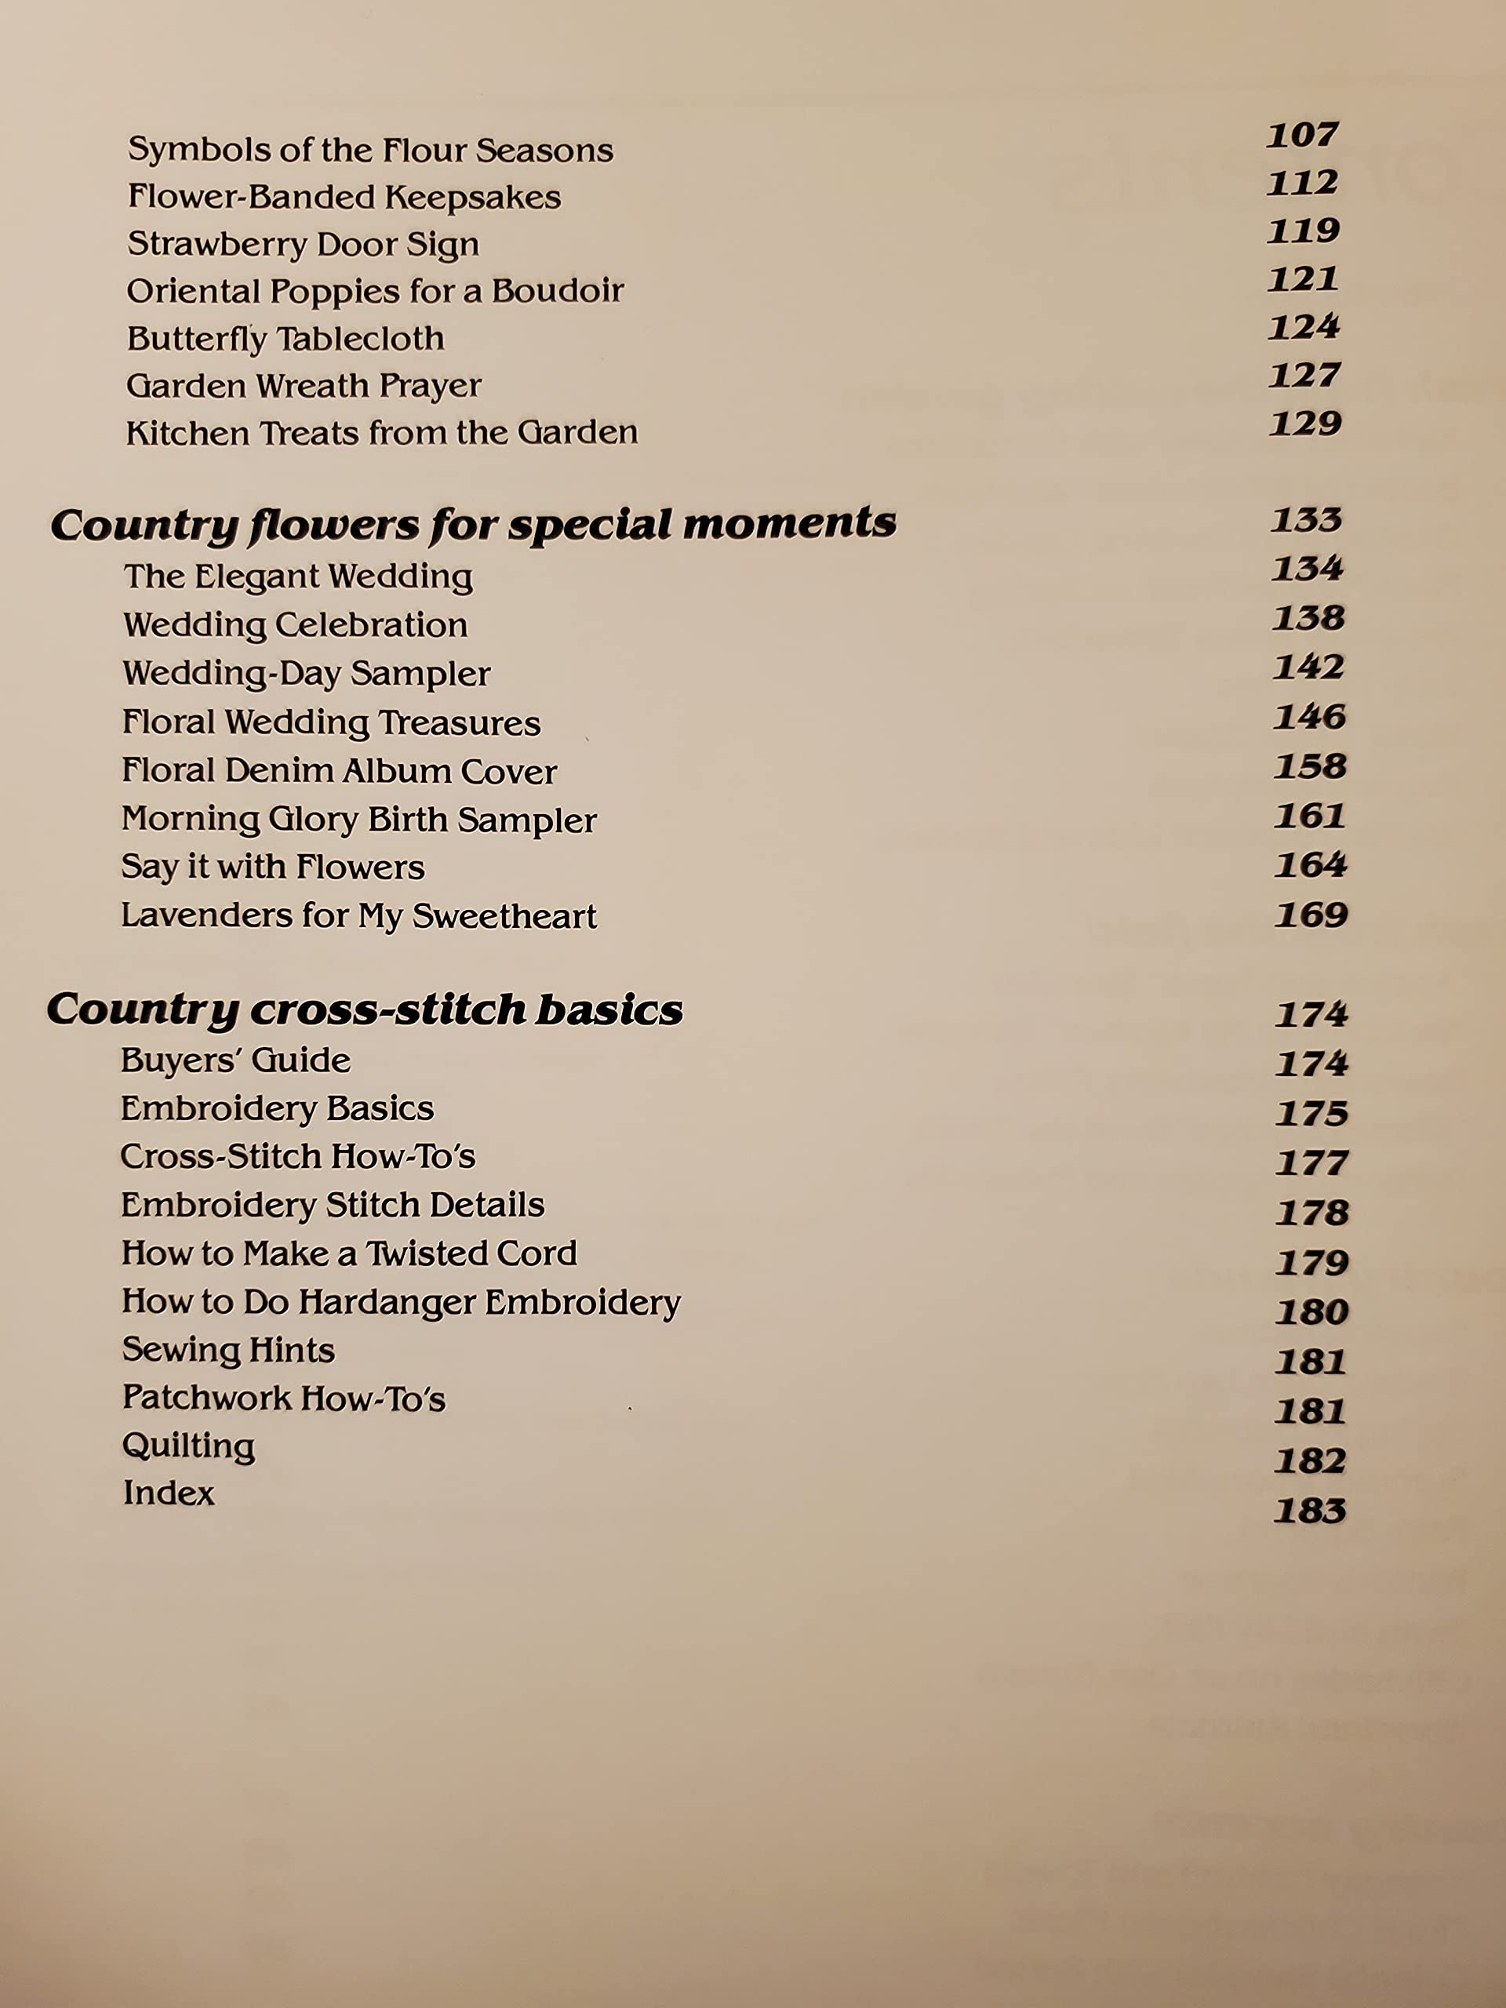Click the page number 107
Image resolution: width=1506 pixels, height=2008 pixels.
(x=1302, y=135)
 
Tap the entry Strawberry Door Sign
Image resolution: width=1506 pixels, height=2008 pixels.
(x=304, y=244)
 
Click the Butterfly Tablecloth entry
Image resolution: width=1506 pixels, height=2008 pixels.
(x=285, y=339)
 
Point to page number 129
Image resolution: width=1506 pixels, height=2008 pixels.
(x=1305, y=424)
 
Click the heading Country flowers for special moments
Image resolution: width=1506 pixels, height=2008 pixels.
(x=473, y=525)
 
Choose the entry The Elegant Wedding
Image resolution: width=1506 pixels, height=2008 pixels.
(x=298, y=577)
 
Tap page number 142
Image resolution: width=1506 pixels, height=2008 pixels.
(x=1308, y=668)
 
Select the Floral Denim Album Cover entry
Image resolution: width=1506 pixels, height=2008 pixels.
(x=339, y=771)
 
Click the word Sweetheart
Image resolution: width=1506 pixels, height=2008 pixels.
(x=504, y=916)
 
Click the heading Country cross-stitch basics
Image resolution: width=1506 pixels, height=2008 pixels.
(x=364, y=1009)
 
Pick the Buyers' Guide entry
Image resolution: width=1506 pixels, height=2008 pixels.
(x=235, y=1060)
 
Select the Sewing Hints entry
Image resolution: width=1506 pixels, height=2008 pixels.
(x=227, y=1350)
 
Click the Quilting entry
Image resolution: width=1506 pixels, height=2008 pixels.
(x=188, y=1446)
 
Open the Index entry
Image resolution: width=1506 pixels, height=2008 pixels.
(x=169, y=1493)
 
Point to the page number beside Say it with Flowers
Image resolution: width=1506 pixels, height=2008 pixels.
(x=1310, y=864)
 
